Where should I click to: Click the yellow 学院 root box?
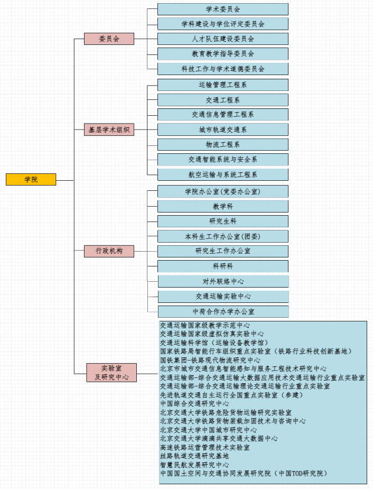(31, 179)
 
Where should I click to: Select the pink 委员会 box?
(109, 39)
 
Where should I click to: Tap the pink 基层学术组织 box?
(109, 130)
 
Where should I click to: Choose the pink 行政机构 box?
(109, 251)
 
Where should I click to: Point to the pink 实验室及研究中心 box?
(111, 372)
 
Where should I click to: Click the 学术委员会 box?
(223, 9)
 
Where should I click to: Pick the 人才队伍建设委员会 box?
(223, 39)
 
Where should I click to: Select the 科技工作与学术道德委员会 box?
(223, 69)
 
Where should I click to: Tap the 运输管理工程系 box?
(223, 85)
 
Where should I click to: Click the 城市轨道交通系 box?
(223, 130)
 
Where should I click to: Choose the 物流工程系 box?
(223, 144)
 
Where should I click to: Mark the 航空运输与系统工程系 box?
(223, 174)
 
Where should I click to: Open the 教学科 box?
(223, 206)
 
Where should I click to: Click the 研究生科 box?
(223, 221)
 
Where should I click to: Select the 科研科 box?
(223, 266)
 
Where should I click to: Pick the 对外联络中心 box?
(223, 281)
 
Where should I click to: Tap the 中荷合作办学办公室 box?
(223, 311)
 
